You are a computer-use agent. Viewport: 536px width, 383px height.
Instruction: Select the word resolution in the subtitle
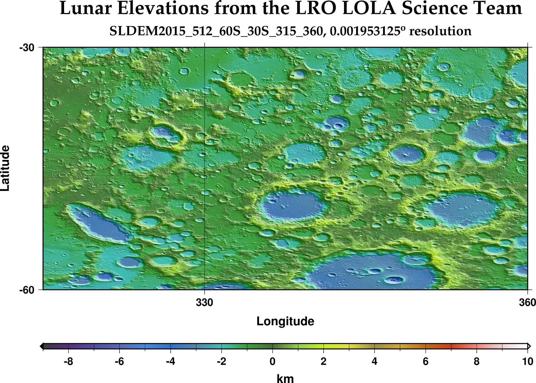pyautogui.click(x=440, y=31)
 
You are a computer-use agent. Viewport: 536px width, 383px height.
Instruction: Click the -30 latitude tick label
pyautogui.click(x=27, y=48)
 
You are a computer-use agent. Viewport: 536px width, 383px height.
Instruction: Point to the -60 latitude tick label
pyautogui.click(x=27, y=290)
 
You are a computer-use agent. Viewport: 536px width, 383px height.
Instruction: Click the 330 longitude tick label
pyautogui.click(x=204, y=303)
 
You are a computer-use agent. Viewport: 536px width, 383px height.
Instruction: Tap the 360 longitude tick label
pyautogui.click(x=527, y=303)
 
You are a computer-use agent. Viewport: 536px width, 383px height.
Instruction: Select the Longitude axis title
pyautogui.click(x=285, y=321)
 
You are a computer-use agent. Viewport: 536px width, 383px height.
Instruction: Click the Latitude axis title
pyautogui.click(x=5, y=168)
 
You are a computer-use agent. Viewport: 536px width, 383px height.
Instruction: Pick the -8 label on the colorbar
pyautogui.click(x=68, y=361)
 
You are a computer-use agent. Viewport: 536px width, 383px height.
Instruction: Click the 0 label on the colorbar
pyautogui.click(x=272, y=361)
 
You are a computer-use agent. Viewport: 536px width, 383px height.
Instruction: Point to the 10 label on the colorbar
pyautogui.click(x=527, y=361)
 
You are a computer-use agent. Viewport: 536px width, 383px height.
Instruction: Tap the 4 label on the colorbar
pyautogui.click(x=374, y=361)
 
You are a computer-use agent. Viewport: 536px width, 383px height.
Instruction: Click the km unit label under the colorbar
pyautogui.click(x=285, y=378)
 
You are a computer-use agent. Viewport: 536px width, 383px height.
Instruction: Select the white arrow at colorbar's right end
pyautogui.click(x=529, y=346)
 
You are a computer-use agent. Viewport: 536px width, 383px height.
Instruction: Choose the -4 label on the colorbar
pyautogui.click(x=170, y=361)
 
